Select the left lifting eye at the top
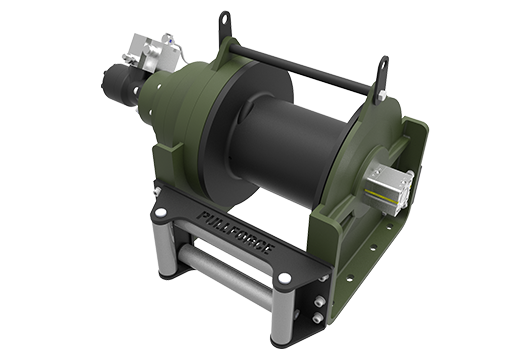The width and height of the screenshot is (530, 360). tap(224, 20)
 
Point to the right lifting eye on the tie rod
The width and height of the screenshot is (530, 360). tap(381, 67)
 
